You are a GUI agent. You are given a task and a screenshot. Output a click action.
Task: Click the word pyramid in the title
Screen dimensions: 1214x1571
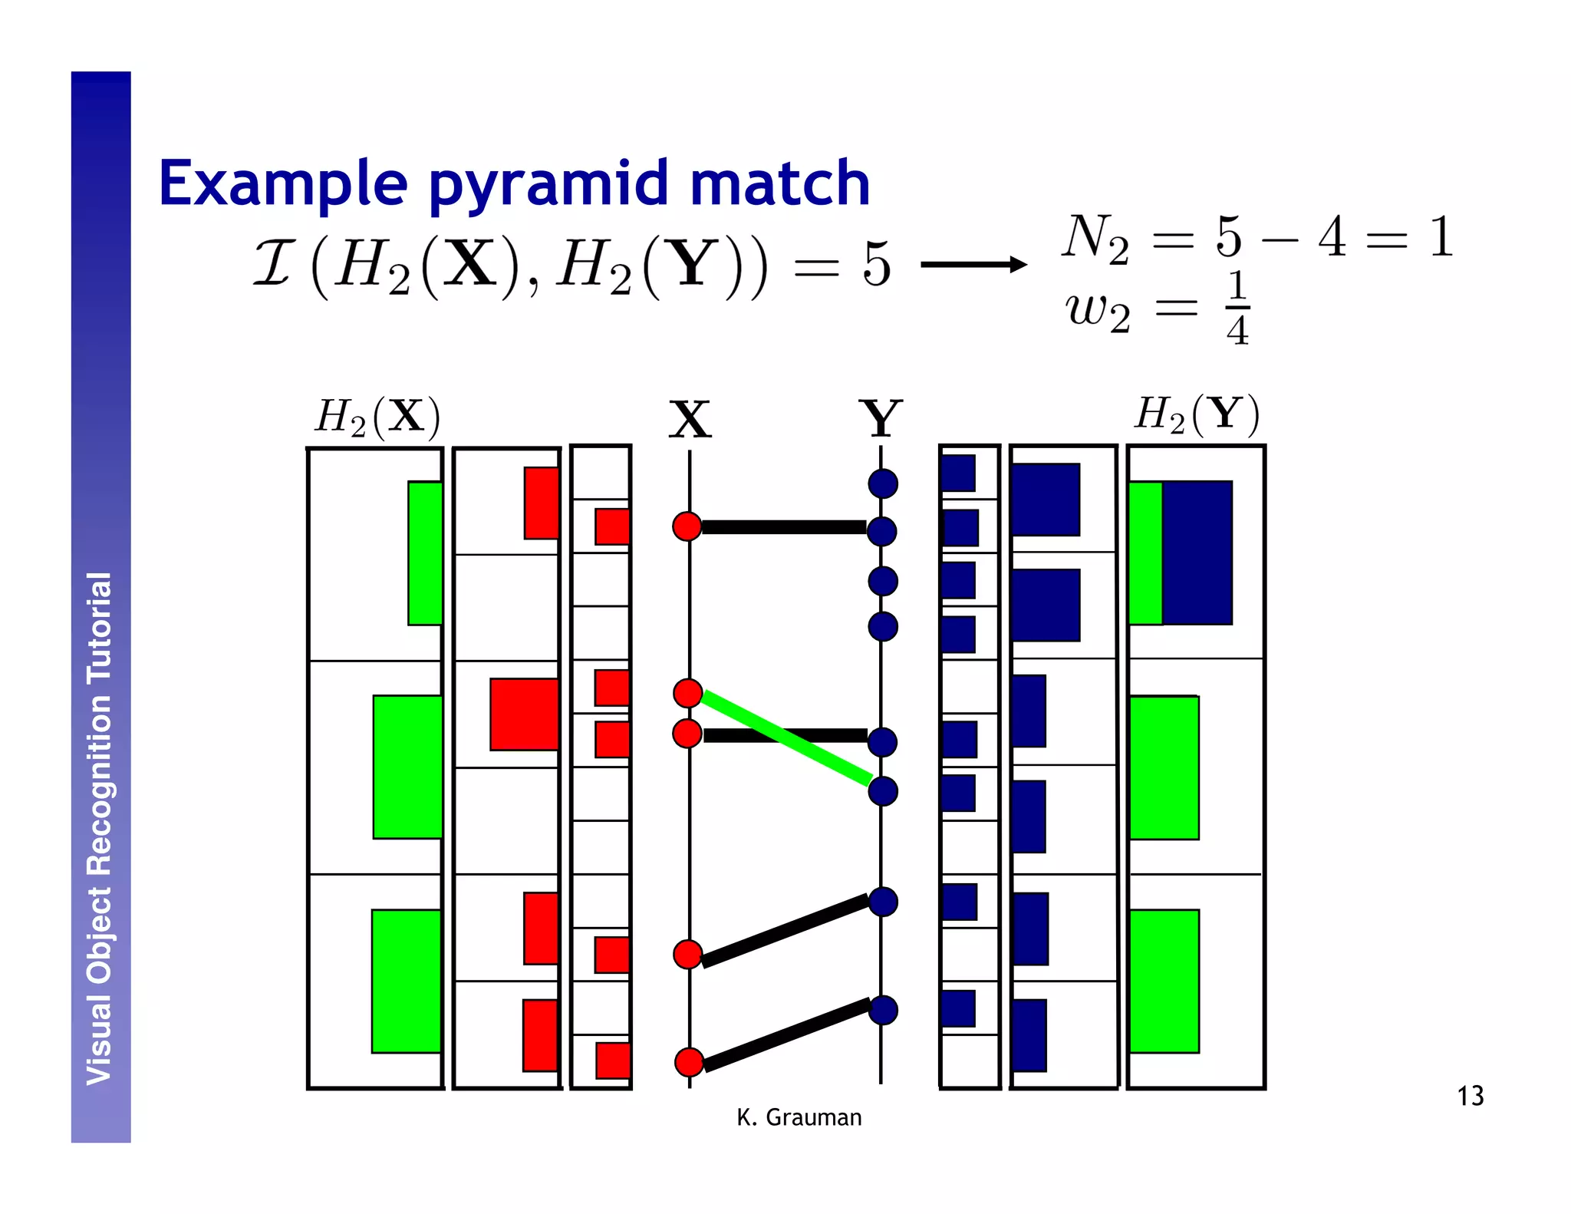click(548, 184)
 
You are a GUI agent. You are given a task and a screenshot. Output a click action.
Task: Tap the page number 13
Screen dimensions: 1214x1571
click(1470, 1096)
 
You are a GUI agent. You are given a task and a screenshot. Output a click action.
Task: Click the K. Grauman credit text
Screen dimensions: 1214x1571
click(799, 1117)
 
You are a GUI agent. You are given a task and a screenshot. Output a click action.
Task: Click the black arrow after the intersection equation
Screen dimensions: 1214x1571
click(973, 265)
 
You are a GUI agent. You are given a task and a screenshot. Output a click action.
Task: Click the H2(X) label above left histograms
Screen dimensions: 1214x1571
click(377, 417)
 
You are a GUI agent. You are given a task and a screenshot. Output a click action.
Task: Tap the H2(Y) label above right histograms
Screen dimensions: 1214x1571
click(1197, 414)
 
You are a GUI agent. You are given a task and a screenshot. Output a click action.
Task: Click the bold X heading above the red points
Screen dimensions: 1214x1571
click(690, 420)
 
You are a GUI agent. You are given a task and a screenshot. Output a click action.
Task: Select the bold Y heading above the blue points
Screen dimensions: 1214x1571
click(881, 418)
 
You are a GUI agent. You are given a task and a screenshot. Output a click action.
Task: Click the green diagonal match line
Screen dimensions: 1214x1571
click(786, 738)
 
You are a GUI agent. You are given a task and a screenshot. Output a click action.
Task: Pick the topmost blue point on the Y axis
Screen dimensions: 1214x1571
click(883, 483)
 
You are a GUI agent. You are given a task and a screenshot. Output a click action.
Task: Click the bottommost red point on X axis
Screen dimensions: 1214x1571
click(689, 1062)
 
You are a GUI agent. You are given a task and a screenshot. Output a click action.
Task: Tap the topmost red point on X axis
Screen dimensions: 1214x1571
click(687, 526)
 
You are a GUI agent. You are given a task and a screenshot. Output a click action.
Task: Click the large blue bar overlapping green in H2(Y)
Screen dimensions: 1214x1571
click(1197, 553)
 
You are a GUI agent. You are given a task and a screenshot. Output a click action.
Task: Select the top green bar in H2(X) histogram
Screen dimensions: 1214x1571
click(425, 553)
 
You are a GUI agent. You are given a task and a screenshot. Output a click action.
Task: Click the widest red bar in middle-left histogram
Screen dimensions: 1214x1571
click(524, 714)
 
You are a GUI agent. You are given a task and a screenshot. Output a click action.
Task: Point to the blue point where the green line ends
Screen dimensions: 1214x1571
click(883, 790)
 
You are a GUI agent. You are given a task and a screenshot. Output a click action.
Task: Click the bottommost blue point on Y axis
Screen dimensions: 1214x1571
click(883, 1010)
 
